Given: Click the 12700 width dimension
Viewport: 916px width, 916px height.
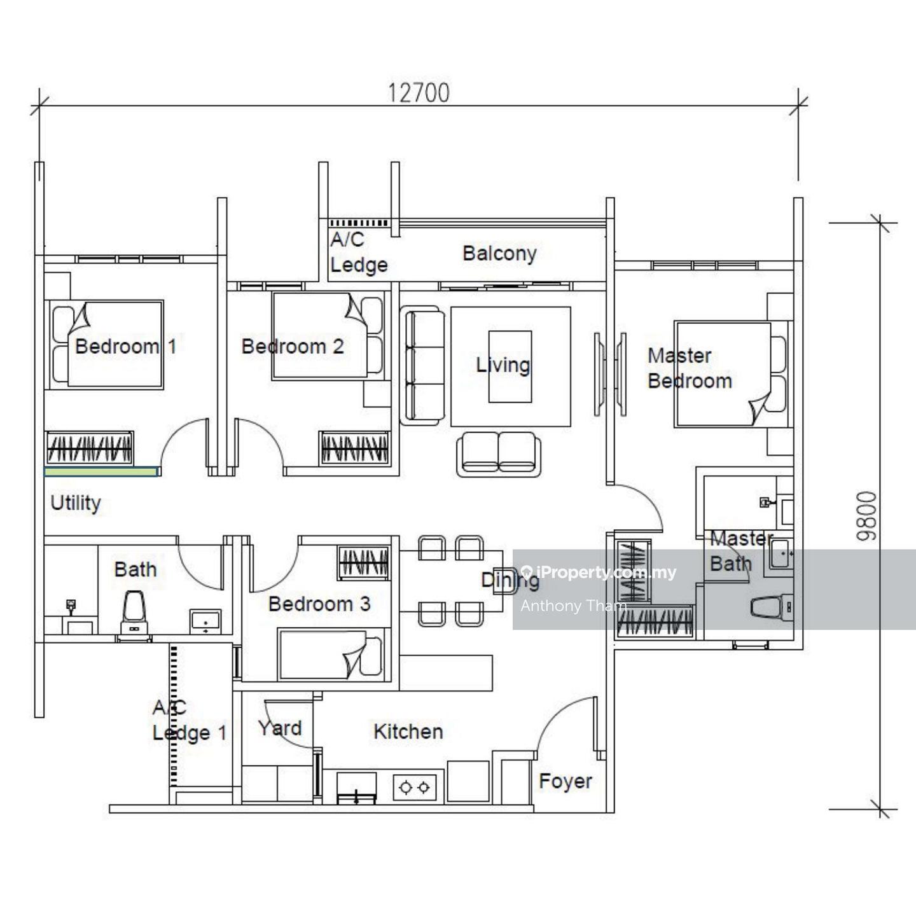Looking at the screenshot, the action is click(x=419, y=93).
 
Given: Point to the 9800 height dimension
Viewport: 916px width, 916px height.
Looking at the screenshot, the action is click(x=866, y=516).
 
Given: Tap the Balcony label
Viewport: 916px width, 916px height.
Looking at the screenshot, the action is click(x=499, y=253).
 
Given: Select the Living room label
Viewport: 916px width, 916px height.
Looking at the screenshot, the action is click(x=503, y=365).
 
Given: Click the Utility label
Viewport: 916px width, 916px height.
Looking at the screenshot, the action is click(x=76, y=503).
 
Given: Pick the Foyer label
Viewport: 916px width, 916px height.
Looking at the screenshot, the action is click(x=566, y=781).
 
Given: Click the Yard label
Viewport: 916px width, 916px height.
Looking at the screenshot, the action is click(x=279, y=728).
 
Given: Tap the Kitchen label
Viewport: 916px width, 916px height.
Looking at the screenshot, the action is click(x=408, y=731).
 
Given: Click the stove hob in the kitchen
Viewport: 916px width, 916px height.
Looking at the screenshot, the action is click(x=415, y=788).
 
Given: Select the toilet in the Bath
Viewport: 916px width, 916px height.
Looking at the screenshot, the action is click(x=134, y=612).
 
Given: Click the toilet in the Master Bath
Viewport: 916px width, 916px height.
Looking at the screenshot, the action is click(x=771, y=607).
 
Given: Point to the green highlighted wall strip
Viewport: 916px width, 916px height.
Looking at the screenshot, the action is click(x=101, y=471).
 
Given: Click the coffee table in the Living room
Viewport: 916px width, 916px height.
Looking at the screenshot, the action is click(x=510, y=366).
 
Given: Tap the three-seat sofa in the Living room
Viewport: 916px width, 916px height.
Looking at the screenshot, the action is click(x=422, y=366).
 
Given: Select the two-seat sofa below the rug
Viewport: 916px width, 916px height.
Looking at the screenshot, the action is click(x=498, y=454).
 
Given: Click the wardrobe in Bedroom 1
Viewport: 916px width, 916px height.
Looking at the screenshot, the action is click(x=89, y=448).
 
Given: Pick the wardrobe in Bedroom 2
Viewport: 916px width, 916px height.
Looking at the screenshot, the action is click(x=354, y=448).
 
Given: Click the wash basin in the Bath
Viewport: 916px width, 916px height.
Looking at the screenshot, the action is click(x=205, y=621).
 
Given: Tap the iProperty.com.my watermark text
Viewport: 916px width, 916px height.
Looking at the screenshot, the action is click(x=599, y=572).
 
